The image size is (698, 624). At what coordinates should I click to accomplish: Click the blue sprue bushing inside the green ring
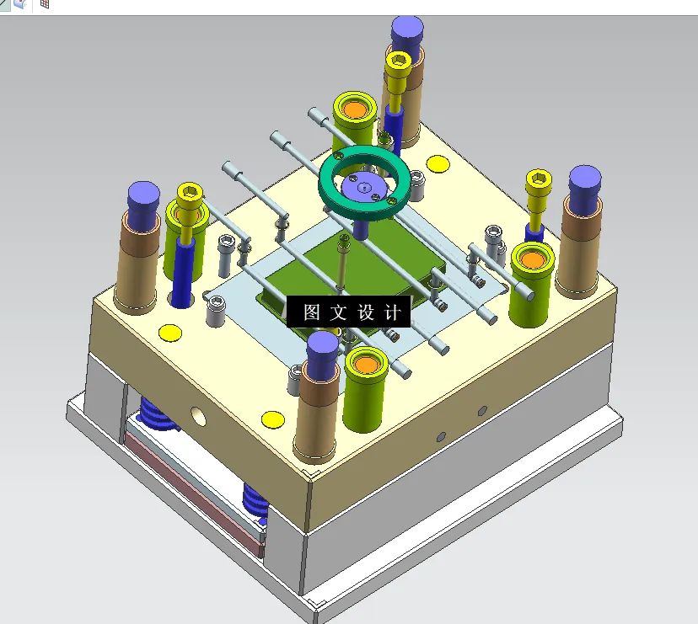365,186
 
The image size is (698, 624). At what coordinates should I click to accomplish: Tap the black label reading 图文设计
349,312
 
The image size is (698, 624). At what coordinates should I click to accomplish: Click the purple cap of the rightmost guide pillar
584,183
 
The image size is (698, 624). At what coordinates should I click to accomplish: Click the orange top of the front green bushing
365,365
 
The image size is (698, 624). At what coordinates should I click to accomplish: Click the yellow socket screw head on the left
191,202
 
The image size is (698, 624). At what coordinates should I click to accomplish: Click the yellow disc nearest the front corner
271,419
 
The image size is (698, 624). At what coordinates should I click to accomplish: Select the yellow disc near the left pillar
170,333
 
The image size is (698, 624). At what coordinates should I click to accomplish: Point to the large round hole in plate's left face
199,414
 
